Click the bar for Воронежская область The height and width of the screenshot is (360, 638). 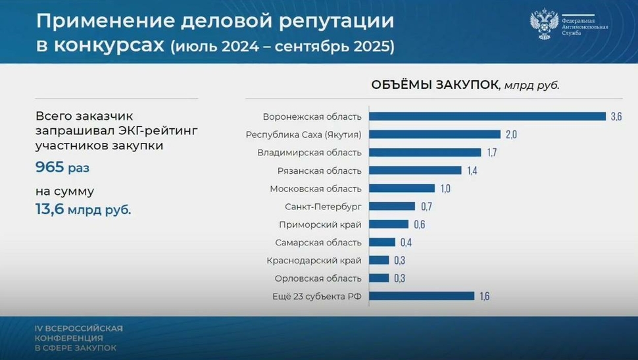[487, 116]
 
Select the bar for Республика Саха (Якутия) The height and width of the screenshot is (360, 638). [434, 134]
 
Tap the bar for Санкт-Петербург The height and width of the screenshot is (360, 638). [392, 206]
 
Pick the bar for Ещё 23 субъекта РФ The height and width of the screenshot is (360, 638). [421, 296]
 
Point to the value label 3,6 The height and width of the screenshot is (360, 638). [616, 116]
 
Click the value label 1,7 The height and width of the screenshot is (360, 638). [491, 153]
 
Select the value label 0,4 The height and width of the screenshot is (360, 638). [405, 242]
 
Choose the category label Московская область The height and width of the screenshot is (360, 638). [316, 188]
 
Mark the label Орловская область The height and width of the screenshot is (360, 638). [318, 278]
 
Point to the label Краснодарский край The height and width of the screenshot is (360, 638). [314, 260]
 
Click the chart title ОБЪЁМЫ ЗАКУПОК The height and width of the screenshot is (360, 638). [435, 85]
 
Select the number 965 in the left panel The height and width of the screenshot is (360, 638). [49, 167]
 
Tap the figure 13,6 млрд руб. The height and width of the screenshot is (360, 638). [83, 209]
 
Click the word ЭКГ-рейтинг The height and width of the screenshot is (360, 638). [157, 130]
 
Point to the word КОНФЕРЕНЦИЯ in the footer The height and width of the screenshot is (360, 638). [70, 338]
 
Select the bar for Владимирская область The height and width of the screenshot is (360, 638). [424, 153]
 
